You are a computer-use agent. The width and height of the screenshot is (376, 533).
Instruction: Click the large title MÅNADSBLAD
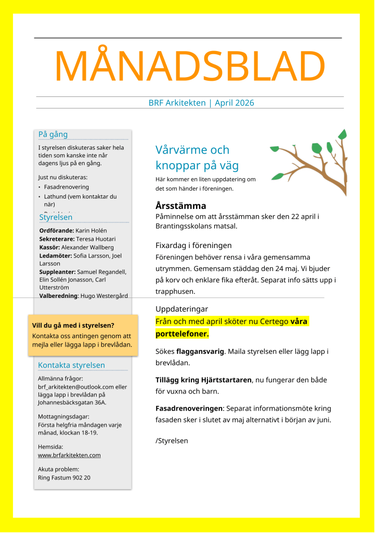tap(189, 67)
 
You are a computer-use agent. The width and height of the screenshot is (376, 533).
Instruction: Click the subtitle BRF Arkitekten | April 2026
tap(201, 103)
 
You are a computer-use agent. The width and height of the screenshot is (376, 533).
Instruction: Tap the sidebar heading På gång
tap(53, 134)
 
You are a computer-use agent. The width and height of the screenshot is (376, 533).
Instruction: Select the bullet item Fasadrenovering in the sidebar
tap(67, 187)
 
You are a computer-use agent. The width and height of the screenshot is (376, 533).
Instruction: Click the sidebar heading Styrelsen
tap(56, 217)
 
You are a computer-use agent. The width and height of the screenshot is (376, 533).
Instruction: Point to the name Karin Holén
tap(93, 230)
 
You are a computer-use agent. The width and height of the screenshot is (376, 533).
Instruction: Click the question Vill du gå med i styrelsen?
tap(73, 326)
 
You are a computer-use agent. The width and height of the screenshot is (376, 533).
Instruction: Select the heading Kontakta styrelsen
tap(72, 365)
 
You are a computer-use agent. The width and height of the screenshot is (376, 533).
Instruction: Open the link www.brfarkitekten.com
tap(69, 455)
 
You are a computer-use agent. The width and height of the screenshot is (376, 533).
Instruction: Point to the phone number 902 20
tap(82, 477)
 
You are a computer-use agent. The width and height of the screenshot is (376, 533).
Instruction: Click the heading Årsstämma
tap(181, 205)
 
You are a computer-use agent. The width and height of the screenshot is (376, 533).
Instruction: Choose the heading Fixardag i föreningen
tap(193, 245)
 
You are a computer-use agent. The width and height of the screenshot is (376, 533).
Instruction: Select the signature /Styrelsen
tap(172, 441)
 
